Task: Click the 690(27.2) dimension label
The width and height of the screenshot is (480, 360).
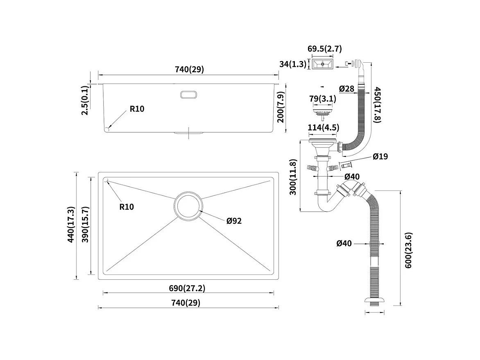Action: pos(187,288)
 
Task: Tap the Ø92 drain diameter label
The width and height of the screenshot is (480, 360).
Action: pos(234,221)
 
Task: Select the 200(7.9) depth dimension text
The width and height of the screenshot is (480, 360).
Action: pos(281,107)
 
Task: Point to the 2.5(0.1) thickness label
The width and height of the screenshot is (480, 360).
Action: pos(85,100)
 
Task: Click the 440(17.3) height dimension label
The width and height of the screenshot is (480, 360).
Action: pos(71,225)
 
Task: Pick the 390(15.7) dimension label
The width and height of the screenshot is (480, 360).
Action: pos(85,224)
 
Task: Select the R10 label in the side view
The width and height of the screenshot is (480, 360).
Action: pos(137,109)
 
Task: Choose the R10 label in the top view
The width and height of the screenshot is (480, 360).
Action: pos(127,207)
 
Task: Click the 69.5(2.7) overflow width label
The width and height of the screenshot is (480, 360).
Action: pos(324,49)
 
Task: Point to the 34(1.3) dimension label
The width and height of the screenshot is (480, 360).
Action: pos(293,64)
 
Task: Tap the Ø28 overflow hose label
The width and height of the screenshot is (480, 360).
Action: pos(346,89)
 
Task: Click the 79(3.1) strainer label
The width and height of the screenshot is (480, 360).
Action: pos(323,99)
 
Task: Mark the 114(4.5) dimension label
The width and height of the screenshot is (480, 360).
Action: pos(323,127)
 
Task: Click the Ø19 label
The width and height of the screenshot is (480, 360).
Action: pos(380,156)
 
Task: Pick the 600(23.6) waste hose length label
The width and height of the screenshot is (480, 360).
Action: pos(409,250)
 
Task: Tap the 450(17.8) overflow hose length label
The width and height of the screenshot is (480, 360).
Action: pos(378,105)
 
